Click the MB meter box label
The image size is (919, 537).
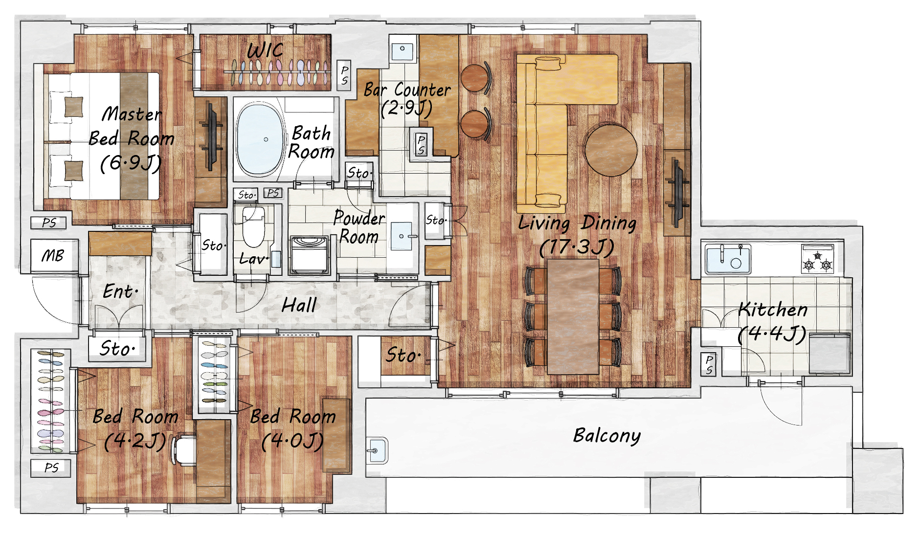coord(53,255)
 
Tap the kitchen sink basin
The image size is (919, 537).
coord(728,258)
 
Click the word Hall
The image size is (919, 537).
coord(299,305)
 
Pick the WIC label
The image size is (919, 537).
coord(265,50)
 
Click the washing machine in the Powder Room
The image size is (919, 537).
coord(309,255)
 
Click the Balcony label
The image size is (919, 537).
coord(606,435)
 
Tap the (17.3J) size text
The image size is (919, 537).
coord(577,247)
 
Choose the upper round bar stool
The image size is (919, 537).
coord(476,78)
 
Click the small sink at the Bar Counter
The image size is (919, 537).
coord(403,48)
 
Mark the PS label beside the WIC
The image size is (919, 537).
coord(344,75)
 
